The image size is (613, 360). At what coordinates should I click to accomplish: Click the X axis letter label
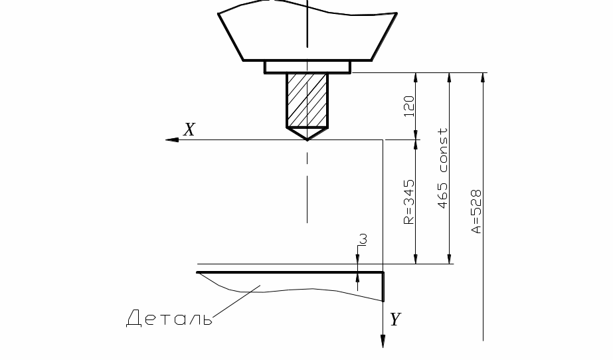pyautogui.click(x=189, y=130)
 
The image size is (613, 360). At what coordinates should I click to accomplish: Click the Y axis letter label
pyautogui.click(x=395, y=319)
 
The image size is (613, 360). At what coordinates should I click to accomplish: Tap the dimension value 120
pyautogui.click(x=408, y=106)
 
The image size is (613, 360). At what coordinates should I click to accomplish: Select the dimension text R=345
pyautogui.click(x=408, y=202)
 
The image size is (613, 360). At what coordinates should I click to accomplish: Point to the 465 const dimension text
pyautogui.click(x=442, y=168)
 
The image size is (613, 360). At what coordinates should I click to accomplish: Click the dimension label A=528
pyautogui.click(x=476, y=211)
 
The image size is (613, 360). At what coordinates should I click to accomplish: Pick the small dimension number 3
pyautogui.click(x=363, y=239)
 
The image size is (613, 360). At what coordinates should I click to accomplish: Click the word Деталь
pyautogui.click(x=169, y=317)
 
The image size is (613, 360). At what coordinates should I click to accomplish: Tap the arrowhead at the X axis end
pyautogui.click(x=172, y=139)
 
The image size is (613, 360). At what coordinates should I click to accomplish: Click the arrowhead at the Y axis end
pyautogui.click(x=383, y=341)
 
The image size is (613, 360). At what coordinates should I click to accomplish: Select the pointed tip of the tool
pyautogui.click(x=307, y=139)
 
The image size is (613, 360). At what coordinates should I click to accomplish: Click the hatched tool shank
pyautogui.click(x=307, y=100)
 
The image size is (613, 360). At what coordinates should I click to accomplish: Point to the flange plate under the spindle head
pyautogui.click(x=307, y=67)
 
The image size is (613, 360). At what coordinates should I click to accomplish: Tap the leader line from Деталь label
pyautogui.click(x=236, y=301)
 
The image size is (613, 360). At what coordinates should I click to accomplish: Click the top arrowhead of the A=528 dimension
pyautogui.click(x=483, y=77)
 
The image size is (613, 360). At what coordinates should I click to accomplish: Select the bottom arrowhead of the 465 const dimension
pyautogui.click(x=449, y=259)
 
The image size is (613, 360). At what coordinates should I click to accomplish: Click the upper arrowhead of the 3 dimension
pyautogui.click(x=358, y=259)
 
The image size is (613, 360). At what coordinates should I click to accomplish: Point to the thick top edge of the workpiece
pyautogui.click(x=290, y=272)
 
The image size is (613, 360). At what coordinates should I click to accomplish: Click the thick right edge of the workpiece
pyautogui.click(x=383, y=287)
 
